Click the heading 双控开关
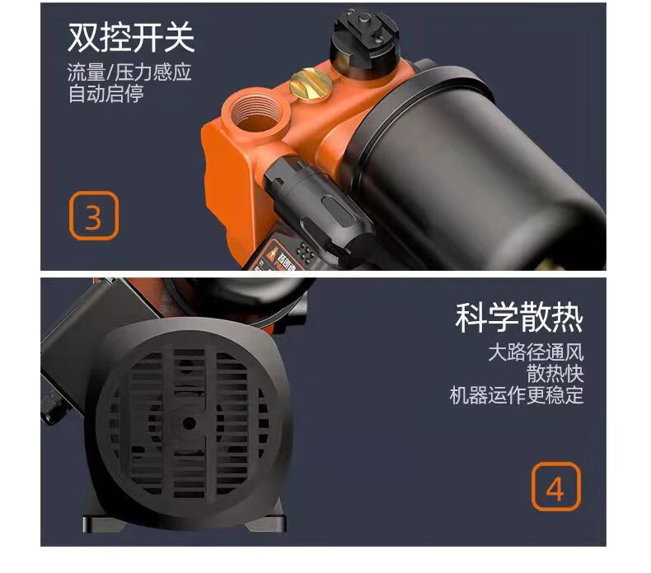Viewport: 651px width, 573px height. [130, 37]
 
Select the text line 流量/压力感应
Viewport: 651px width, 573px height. [129, 72]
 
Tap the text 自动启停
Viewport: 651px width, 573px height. [105, 93]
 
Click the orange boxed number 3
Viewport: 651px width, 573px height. [93, 217]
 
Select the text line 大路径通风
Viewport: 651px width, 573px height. [536, 353]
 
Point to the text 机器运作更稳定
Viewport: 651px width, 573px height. [516, 395]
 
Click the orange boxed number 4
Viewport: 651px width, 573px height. [555, 488]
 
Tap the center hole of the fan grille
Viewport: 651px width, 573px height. [190, 423]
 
